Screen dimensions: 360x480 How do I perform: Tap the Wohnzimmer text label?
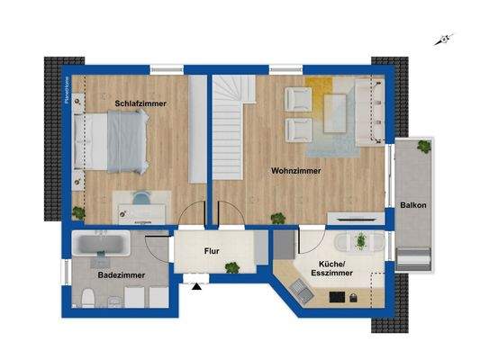click(296, 169)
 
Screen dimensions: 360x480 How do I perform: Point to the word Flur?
click(212, 252)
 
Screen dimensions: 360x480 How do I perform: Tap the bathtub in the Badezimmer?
click(101, 245)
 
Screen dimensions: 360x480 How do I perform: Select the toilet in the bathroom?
click(84, 299)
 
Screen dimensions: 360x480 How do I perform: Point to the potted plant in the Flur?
click(232, 267)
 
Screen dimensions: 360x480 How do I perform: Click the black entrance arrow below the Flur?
click(195, 288)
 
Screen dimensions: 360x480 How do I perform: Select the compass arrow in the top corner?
click(440, 39)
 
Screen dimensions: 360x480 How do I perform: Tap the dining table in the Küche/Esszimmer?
click(360, 243)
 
